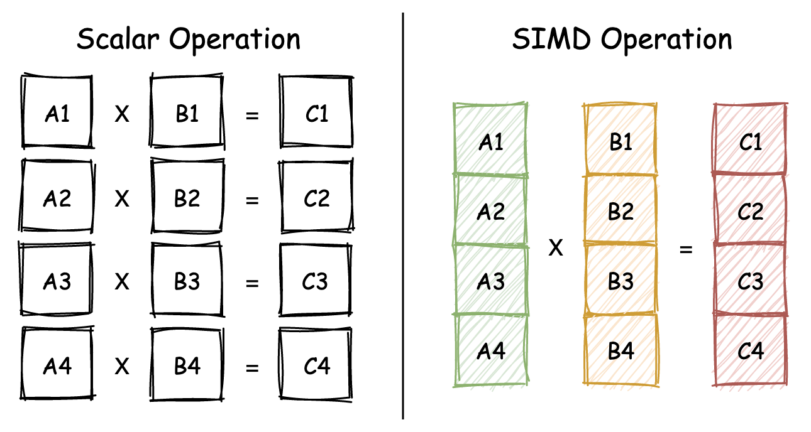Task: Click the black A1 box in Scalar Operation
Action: tap(57, 113)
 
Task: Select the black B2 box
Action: tap(187, 198)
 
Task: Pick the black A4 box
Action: tap(57, 365)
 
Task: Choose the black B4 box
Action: tap(187, 365)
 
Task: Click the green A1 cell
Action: tap(490, 142)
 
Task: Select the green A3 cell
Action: tap(490, 281)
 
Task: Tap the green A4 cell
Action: tap(490, 350)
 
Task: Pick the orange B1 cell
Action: tap(621, 142)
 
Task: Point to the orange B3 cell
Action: tap(621, 281)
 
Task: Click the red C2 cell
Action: tap(750, 212)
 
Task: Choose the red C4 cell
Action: tap(750, 350)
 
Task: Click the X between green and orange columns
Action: tap(556, 249)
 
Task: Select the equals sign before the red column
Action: tap(686, 249)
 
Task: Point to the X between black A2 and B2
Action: tap(122, 199)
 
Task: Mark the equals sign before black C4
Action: tap(252, 367)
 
